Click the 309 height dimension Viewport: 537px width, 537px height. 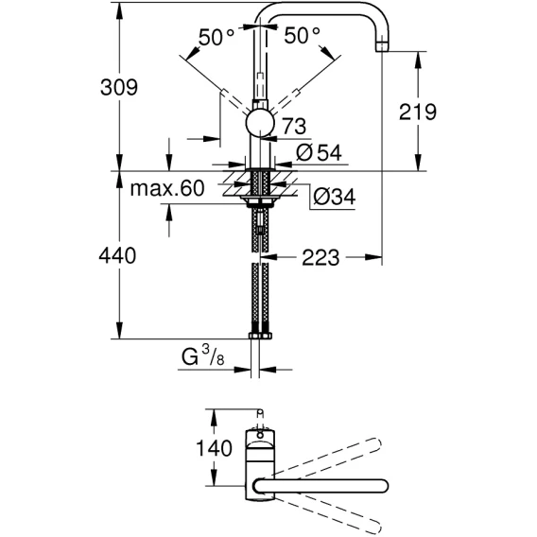point(119,87)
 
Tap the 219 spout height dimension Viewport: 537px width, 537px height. point(418,112)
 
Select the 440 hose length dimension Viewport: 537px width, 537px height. point(117,255)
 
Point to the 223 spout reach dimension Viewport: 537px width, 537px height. point(320,257)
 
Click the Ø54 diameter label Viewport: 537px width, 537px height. point(319,152)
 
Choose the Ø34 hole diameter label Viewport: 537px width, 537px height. point(335,197)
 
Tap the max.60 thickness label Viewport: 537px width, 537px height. point(167,188)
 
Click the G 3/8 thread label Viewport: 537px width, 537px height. point(202,355)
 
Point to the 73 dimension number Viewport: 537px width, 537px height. point(294,126)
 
